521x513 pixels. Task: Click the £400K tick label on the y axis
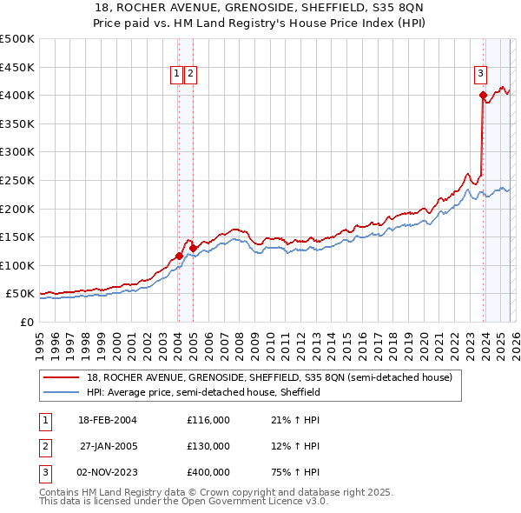click(17, 95)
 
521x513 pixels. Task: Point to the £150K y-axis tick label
click(17, 237)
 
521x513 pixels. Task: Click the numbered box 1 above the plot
click(177, 75)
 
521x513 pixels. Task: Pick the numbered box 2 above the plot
click(190, 75)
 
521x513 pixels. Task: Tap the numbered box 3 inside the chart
click(480, 75)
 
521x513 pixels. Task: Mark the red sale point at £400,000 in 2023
click(483, 96)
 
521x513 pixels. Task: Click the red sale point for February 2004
click(179, 256)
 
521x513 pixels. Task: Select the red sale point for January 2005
click(193, 248)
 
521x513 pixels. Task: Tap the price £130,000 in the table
click(208, 446)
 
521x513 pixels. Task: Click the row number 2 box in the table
click(44, 446)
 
